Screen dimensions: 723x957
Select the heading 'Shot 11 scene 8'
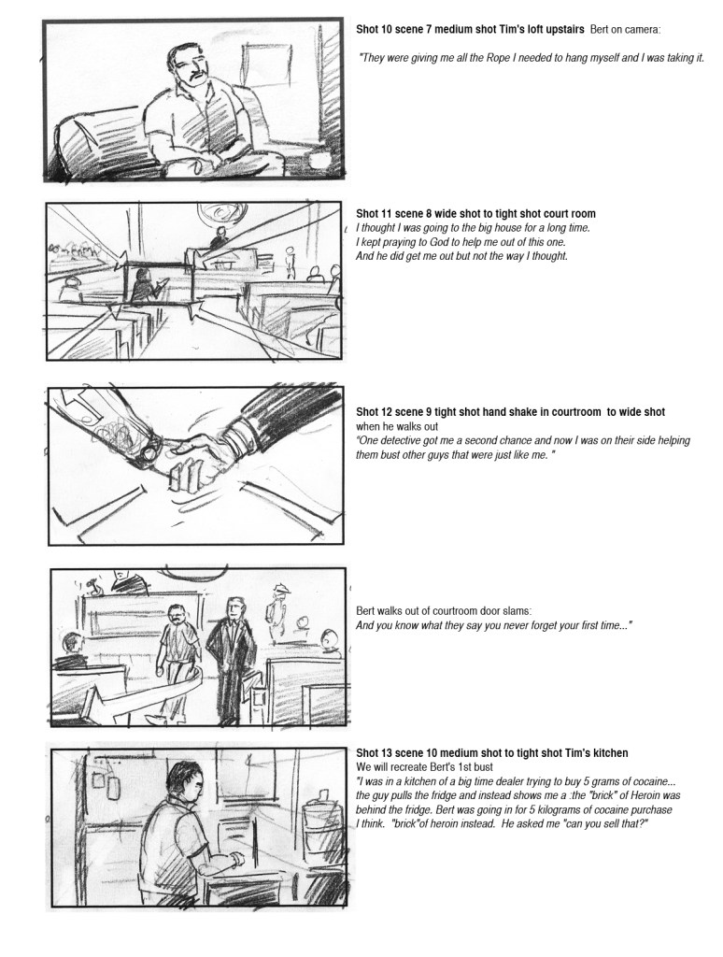click(390, 214)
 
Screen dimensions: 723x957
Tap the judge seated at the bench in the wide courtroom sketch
click(217, 238)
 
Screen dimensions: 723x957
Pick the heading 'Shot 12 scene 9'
click(390, 412)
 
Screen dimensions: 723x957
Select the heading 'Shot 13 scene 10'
click(392, 753)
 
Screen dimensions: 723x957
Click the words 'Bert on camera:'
click(625, 29)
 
